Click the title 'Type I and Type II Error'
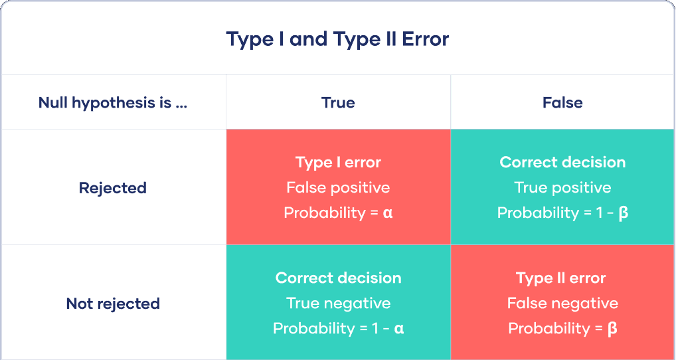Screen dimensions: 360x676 [x=337, y=39]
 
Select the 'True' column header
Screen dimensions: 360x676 [x=338, y=102]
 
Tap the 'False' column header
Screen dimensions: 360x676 [x=562, y=102]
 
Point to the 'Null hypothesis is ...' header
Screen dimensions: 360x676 [x=113, y=102]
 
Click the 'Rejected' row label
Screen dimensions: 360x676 [x=112, y=188]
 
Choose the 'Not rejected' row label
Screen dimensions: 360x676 [x=113, y=304]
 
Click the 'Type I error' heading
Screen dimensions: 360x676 [x=338, y=162]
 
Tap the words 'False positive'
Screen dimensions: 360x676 [x=338, y=187]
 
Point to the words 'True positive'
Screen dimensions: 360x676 [x=562, y=187]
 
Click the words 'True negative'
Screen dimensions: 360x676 [x=338, y=303]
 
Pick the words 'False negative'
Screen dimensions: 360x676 [x=562, y=303]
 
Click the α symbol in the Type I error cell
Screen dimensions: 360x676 [x=388, y=213]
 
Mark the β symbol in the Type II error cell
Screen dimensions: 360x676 [x=612, y=329]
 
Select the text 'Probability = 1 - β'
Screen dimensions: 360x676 [x=562, y=213]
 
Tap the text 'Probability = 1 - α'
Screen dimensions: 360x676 [x=338, y=328]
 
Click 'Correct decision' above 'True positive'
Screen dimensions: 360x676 [x=562, y=162]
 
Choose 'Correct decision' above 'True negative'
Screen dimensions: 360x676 [x=338, y=278]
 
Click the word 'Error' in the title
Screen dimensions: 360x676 [x=425, y=39]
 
